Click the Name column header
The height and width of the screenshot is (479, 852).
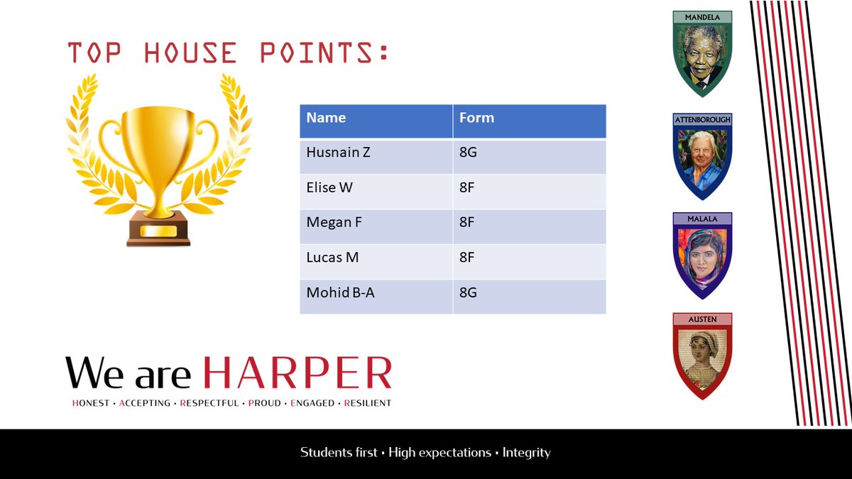click(326, 119)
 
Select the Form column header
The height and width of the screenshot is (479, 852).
click(476, 119)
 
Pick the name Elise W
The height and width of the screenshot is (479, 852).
click(329, 187)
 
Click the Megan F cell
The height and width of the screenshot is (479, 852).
click(334, 223)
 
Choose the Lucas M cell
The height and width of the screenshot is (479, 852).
click(332, 258)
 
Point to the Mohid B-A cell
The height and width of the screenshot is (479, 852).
click(340, 292)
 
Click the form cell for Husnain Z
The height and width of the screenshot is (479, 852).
click(468, 152)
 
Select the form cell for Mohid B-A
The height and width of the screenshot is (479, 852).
click(468, 292)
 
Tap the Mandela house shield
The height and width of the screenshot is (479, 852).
click(702, 55)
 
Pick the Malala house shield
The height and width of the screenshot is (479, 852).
click(702, 257)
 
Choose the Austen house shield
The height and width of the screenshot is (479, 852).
click(702, 357)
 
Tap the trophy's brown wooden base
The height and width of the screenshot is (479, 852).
click(158, 231)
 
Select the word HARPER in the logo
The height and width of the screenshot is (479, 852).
click(297, 373)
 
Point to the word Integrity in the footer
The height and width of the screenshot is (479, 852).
click(526, 453)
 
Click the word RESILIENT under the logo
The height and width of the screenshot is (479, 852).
click(367, 403)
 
